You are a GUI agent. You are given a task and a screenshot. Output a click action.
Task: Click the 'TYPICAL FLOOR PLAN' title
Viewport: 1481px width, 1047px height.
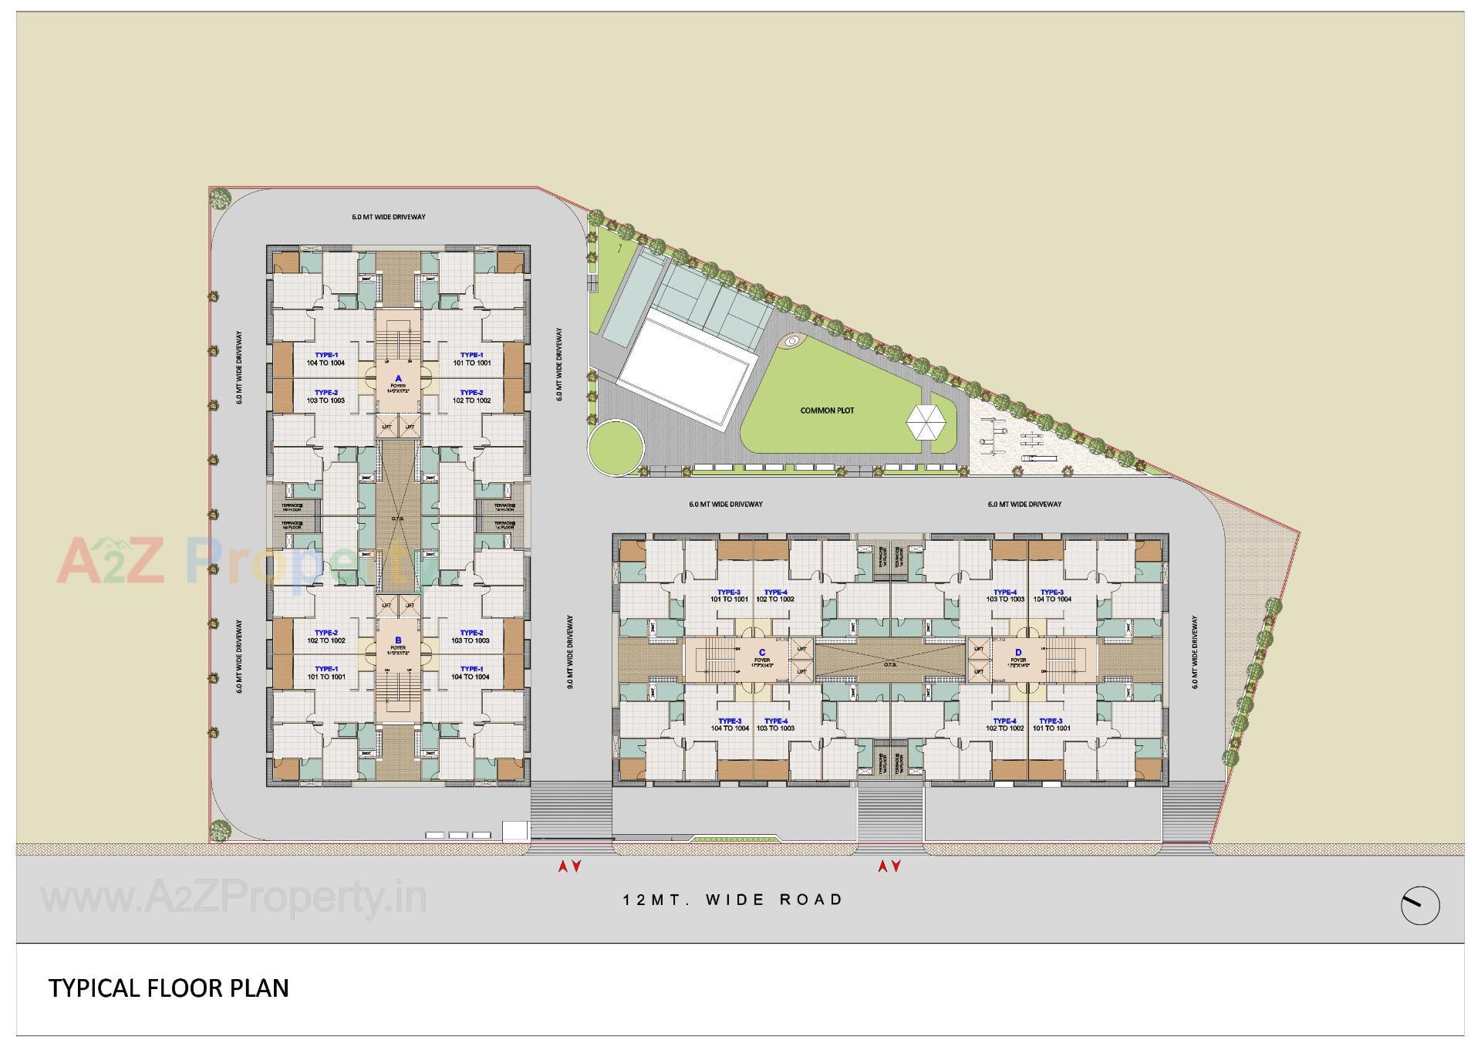coord(169,988)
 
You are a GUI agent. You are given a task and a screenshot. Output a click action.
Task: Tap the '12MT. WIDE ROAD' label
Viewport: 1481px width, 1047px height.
coord(733,900)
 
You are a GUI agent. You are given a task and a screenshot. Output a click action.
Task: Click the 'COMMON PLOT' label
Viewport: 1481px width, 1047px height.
coord(827,410)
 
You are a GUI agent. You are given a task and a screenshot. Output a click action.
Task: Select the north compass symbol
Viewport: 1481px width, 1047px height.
coord(1419,905)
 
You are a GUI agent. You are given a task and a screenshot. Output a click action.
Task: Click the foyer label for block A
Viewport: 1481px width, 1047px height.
coord(398,383)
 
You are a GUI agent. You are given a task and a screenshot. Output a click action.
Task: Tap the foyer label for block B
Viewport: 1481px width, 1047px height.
coord(398,645)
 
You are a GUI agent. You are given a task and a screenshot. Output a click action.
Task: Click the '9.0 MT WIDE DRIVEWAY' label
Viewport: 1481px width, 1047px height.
coord(570,652)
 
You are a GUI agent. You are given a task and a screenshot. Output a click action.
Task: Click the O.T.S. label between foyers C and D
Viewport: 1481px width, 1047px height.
coord(891,664)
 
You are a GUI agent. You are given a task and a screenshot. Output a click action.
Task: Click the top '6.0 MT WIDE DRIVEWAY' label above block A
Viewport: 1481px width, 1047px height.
coord(389,217)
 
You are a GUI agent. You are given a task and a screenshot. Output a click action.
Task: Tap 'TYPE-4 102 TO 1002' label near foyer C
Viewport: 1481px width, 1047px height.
coord(775,596)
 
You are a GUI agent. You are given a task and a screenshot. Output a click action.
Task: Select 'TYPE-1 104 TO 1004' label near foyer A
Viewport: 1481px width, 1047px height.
coord(326,359)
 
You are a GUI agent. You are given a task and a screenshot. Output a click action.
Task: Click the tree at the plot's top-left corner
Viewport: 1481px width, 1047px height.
coord(220,197)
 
